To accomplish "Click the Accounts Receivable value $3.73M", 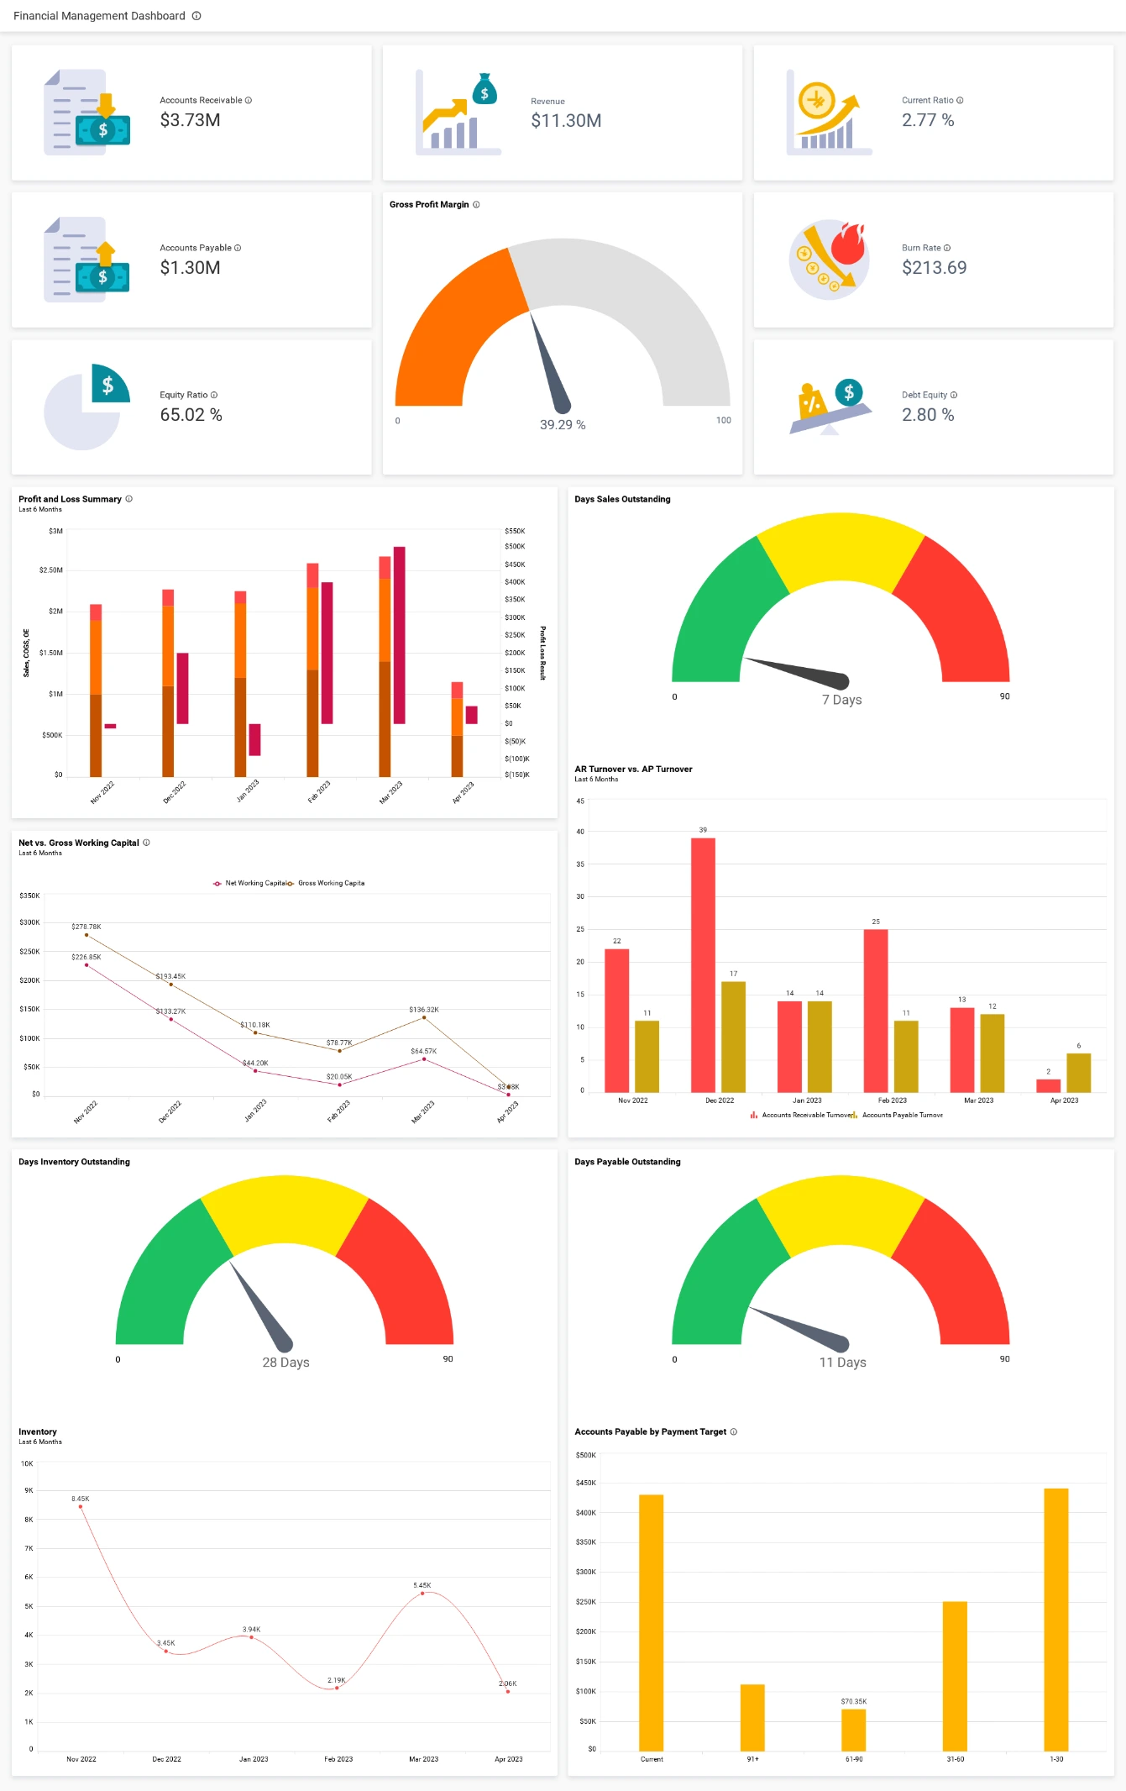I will click(190, 120).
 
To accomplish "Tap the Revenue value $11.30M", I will click(565, 121).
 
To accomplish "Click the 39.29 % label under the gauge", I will click(562, 425).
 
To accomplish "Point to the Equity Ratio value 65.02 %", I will click(191, 415).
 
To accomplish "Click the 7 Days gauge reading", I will click(841, 700).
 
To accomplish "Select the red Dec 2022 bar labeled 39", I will click(703, 964).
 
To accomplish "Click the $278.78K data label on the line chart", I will click(86, 927).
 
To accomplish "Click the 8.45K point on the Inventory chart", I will click(81, 1506).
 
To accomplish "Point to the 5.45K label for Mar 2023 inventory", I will click(422, 1585).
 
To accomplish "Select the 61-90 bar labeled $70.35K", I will click(853, 1730).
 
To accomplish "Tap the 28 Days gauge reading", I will click(285, 1363).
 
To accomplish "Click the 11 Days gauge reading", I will click(842, 1363).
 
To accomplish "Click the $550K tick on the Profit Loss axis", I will click(515, 531).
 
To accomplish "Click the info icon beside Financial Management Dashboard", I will click(196, 16).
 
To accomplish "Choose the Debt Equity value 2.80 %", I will click(928, 415).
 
